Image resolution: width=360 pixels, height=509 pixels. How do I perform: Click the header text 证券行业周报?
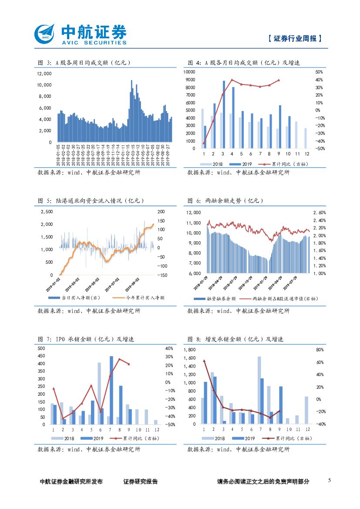pos(295,38)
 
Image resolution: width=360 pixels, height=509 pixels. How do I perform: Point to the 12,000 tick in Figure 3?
pos(44,73)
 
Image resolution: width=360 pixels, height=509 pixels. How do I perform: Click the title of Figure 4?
pos(244,63)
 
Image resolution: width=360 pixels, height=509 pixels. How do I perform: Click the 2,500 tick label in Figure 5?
pos(46,212)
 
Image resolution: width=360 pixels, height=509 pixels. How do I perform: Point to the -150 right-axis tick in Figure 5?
pos(162,275)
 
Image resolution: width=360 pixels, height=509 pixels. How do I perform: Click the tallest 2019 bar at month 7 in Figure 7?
pos(111,390)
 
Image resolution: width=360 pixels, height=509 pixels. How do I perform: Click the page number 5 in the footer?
pos(329,480)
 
